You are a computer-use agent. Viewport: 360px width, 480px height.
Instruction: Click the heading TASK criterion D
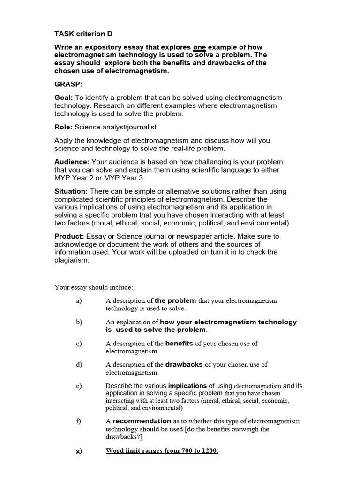pos(83,34)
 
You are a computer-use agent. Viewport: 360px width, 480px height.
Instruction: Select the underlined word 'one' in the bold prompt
pos(200,47)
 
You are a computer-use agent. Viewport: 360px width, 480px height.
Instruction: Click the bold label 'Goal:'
pos(64,98)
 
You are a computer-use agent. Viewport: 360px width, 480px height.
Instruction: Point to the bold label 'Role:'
pos(64,127)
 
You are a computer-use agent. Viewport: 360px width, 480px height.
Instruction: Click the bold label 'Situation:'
pos(71,191)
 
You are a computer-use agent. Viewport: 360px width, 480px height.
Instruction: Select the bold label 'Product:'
pos(69,236)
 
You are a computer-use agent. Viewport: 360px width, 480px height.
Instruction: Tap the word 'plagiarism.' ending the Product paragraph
pos(72,260)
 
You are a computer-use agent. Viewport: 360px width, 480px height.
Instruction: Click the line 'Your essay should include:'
pos(94,287)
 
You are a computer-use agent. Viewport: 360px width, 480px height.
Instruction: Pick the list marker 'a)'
pos(79,301)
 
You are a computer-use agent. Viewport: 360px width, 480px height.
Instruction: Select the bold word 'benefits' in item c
pos(179,343)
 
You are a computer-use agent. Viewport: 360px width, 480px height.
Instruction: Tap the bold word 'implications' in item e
pos(187,386)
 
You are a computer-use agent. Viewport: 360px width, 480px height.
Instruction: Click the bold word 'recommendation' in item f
pos(142,421)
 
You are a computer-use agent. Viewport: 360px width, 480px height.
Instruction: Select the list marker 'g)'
pos(79,451)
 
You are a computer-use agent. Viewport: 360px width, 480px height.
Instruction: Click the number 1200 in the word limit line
pos(209,451)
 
